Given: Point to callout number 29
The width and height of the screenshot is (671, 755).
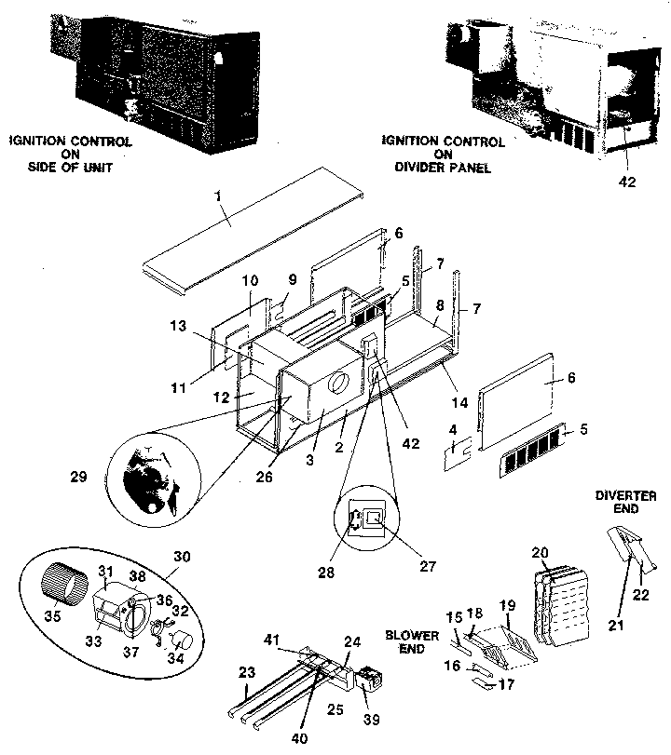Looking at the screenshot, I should (x=78, y=477).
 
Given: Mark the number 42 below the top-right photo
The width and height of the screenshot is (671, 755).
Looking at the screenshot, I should (x=627, y=182).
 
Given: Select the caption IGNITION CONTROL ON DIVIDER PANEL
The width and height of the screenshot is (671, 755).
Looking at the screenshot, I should (x=443, y=155).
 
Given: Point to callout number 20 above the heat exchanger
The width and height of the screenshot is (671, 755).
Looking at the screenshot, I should (x=540, y=553).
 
